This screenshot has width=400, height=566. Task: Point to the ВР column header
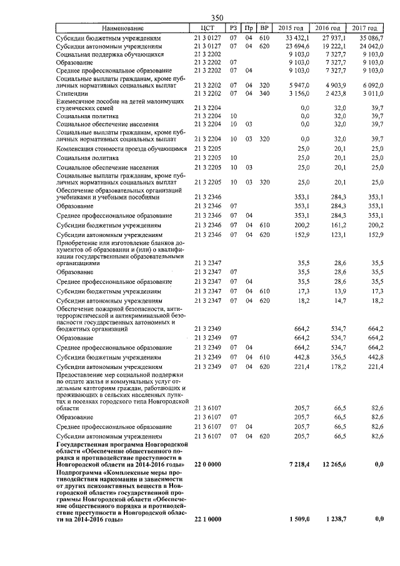tap(264, 28)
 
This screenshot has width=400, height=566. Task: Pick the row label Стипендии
tap(71, 93)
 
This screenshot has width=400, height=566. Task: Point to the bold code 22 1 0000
tap(208, 519)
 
